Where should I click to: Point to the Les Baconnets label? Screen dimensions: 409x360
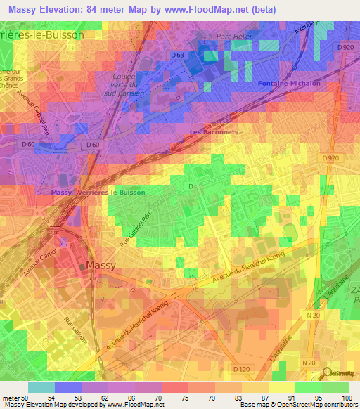[214, 131]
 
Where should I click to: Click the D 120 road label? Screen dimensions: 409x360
[241, 369]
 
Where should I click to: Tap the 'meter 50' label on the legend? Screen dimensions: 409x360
[13, 398]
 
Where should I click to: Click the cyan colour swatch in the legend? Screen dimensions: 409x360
[41, 387]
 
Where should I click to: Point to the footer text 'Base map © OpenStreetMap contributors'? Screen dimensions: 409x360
[297, 405]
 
